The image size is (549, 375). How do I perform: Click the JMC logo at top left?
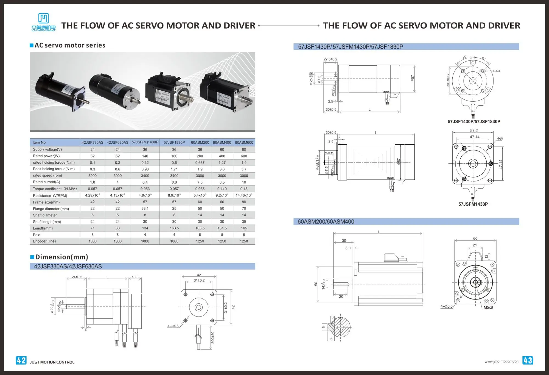tap(43, 22)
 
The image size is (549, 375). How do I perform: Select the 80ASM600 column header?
tap(244, 142)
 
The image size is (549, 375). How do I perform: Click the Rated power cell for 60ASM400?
tap(222, 156)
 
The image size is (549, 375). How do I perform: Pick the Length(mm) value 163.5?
tap(174, 228)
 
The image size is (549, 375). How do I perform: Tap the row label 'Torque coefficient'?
tap(55, 189)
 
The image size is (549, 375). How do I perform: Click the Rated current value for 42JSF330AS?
tap(93, 182)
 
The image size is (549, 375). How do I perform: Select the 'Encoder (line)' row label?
tap(44, 241)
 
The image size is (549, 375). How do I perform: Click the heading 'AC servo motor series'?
tap(70, 45)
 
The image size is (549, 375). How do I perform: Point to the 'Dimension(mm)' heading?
tap(61, 257)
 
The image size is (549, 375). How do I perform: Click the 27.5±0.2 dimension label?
tap(330, 59)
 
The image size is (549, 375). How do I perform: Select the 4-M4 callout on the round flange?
tap(496, 71)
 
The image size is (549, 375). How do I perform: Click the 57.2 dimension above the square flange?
tap(474, 131)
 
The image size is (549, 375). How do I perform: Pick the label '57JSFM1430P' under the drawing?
tap(473, 204)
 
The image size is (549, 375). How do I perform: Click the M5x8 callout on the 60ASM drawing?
tap(488, 307)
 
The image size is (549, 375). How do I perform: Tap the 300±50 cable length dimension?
tap(213, 337)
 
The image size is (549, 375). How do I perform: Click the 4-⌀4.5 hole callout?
tap(173, 326)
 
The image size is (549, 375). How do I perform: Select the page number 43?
tap(528, 360)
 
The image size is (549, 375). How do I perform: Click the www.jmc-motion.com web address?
tap(502, 362)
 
